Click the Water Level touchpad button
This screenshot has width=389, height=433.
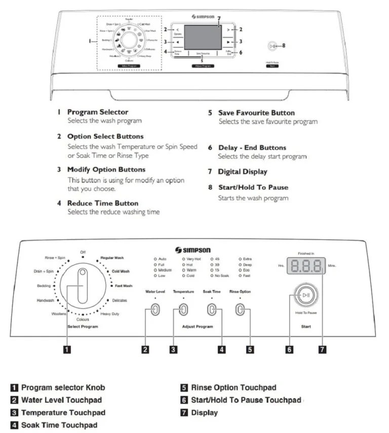(x=155, y=310)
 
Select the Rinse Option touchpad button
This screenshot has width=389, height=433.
(x=240, y=310)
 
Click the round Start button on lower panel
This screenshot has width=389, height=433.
(x=306, y=294)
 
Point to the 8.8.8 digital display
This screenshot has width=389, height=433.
(x=306, y=266)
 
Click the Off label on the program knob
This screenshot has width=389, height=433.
(x=83, y=251)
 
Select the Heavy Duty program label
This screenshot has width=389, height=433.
(x=109, y=314)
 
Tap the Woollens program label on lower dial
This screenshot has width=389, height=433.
(x=59, y=314)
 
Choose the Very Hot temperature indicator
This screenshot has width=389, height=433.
(x=191, y=259)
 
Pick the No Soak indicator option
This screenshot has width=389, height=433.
(x=220, y=275)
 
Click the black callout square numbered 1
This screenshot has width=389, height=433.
(x=65, y=349)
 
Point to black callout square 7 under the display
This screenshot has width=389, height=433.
(x=323, y=349)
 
